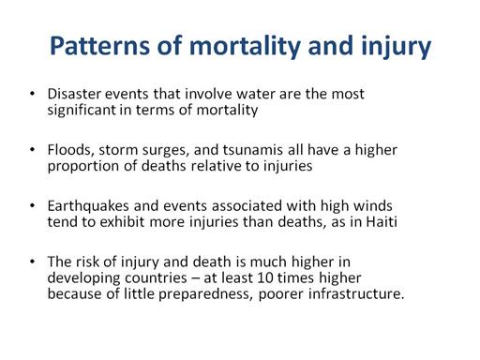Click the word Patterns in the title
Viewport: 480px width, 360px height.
pos(100,46)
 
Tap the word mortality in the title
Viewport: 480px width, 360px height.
pos(246,47)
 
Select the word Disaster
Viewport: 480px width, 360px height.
pos(74,94)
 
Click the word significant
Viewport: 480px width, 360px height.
pos(82,111)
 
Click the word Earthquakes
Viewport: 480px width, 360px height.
pos(88,206)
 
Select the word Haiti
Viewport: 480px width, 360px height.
pos(382,222)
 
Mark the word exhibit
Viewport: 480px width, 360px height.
pos(122,222)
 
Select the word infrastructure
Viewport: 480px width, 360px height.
pos(356,294)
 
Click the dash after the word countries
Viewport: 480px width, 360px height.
pos(195,278)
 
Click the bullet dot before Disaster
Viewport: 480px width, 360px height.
pos(32,93)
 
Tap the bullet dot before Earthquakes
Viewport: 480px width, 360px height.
pos(32,205)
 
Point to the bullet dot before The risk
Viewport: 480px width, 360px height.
pos(32,262)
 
